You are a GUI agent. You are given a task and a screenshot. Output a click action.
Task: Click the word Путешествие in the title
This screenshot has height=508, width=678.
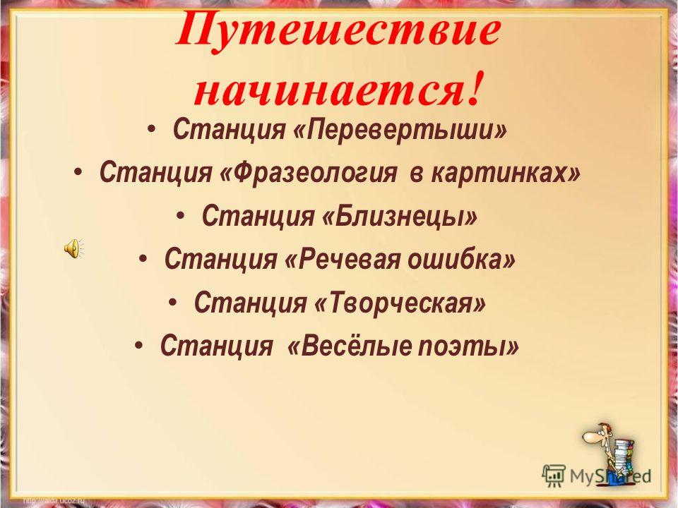pyautogui.click(x=338, y=32)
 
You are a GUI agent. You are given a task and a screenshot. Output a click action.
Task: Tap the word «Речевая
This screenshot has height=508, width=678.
pyautogui.click(x=343, y=259)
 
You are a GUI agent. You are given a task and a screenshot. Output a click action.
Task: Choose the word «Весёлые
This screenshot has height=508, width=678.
pyautogui.click(x=347, y=346)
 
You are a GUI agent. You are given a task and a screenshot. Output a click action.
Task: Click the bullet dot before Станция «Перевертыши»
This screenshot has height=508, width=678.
pyautogui.click(x=151, y=128)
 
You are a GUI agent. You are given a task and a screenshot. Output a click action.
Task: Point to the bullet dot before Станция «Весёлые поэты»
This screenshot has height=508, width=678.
pyautogui.click(x=138, y=345)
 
